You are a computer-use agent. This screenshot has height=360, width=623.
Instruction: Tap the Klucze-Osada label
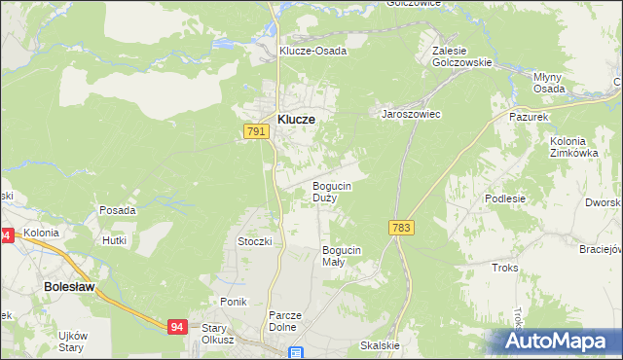pos(312,51)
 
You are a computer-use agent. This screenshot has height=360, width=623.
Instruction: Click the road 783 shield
pos(400,227)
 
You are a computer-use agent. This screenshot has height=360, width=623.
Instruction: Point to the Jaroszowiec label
pos(411,114)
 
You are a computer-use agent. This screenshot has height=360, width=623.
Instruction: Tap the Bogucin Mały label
pos(341,256)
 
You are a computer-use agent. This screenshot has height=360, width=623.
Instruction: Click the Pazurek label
pos(531,115)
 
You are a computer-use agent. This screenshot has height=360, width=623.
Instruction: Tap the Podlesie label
pos(504,198)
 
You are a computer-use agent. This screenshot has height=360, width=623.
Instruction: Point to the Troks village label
pos(505,267)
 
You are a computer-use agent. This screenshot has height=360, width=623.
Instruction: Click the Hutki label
pos(115,238)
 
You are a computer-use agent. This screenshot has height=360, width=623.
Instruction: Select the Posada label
pos(117,210)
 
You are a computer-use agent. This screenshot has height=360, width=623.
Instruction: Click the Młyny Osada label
pos(549,82)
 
